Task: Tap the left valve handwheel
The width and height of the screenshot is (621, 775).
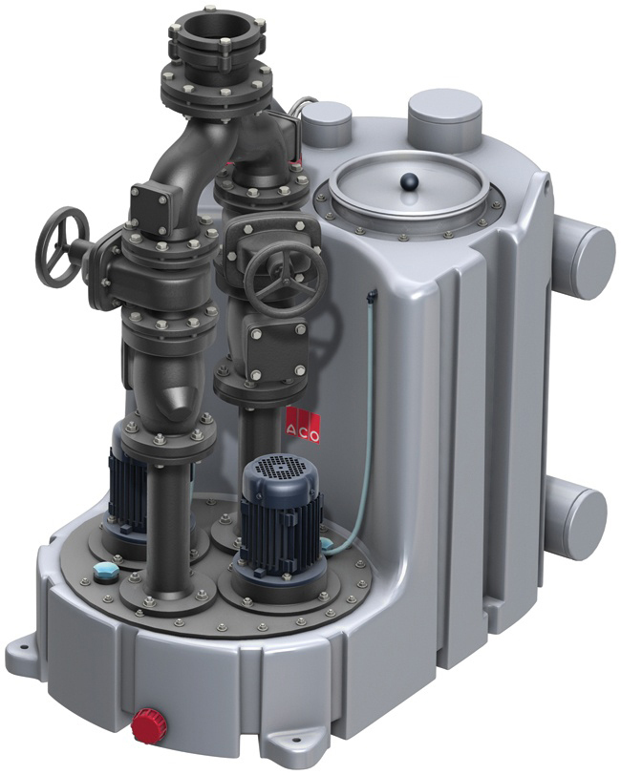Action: pyautogui.click(x=64, y=245)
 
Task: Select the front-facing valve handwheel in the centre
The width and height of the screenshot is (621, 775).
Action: pyautogui.click(x=285, y=281)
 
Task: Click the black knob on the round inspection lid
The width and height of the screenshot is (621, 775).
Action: pyautogui.click(x=410, y=181)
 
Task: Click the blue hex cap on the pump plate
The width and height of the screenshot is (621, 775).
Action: pyautogui.click(x=103, y=571)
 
